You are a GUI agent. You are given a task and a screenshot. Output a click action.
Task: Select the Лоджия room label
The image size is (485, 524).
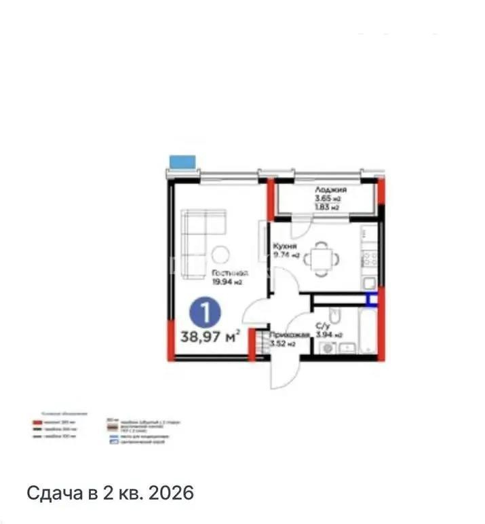(x=330, y=190)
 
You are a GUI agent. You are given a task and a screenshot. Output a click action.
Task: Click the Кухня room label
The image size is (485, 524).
(x=284, y=246)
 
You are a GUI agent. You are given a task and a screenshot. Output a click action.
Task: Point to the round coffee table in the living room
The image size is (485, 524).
(x=220, y=255)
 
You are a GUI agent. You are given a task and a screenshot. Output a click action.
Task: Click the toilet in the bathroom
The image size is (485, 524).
(x=334, y=317)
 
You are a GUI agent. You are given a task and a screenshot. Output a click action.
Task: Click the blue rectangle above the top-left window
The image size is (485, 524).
(x=182, y=162)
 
